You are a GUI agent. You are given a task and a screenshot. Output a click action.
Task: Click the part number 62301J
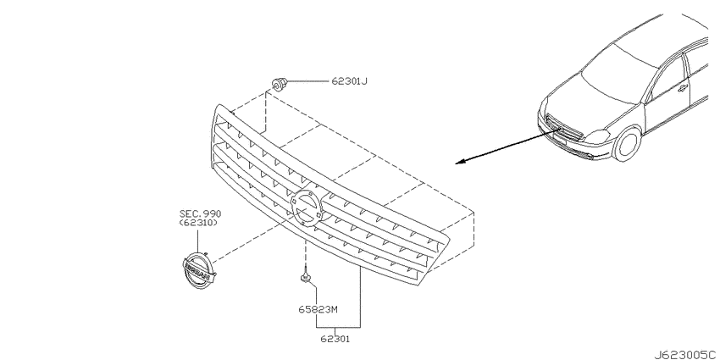point(350,81)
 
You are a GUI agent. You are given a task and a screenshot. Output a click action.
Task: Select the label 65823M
point(318,309)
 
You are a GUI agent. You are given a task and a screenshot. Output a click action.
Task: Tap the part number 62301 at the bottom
point(335,340)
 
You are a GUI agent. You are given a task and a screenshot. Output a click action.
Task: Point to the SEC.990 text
point(200,213)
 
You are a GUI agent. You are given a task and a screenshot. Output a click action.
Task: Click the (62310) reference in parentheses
point(198,223)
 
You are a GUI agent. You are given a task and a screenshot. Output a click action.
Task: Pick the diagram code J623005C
point(686,354)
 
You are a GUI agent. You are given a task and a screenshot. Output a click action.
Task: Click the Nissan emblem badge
point(199,271)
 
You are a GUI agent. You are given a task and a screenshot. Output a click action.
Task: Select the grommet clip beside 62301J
point(279,85)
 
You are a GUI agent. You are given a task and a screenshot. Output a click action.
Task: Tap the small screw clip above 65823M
point(304,276)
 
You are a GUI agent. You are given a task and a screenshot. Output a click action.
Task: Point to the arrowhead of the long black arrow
point(460,162)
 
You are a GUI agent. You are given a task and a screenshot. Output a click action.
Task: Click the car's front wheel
point(628,144)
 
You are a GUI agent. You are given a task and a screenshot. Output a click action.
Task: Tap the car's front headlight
point(597,137)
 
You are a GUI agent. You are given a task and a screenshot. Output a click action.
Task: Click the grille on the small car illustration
point(564,128)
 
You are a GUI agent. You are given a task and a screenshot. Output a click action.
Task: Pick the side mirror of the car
point(650,97)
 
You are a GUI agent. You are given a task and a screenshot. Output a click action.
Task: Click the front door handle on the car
point(683,88)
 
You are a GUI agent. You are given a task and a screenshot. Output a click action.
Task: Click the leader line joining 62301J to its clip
point(309,81)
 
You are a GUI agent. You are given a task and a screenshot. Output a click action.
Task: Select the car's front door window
point(669,78)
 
